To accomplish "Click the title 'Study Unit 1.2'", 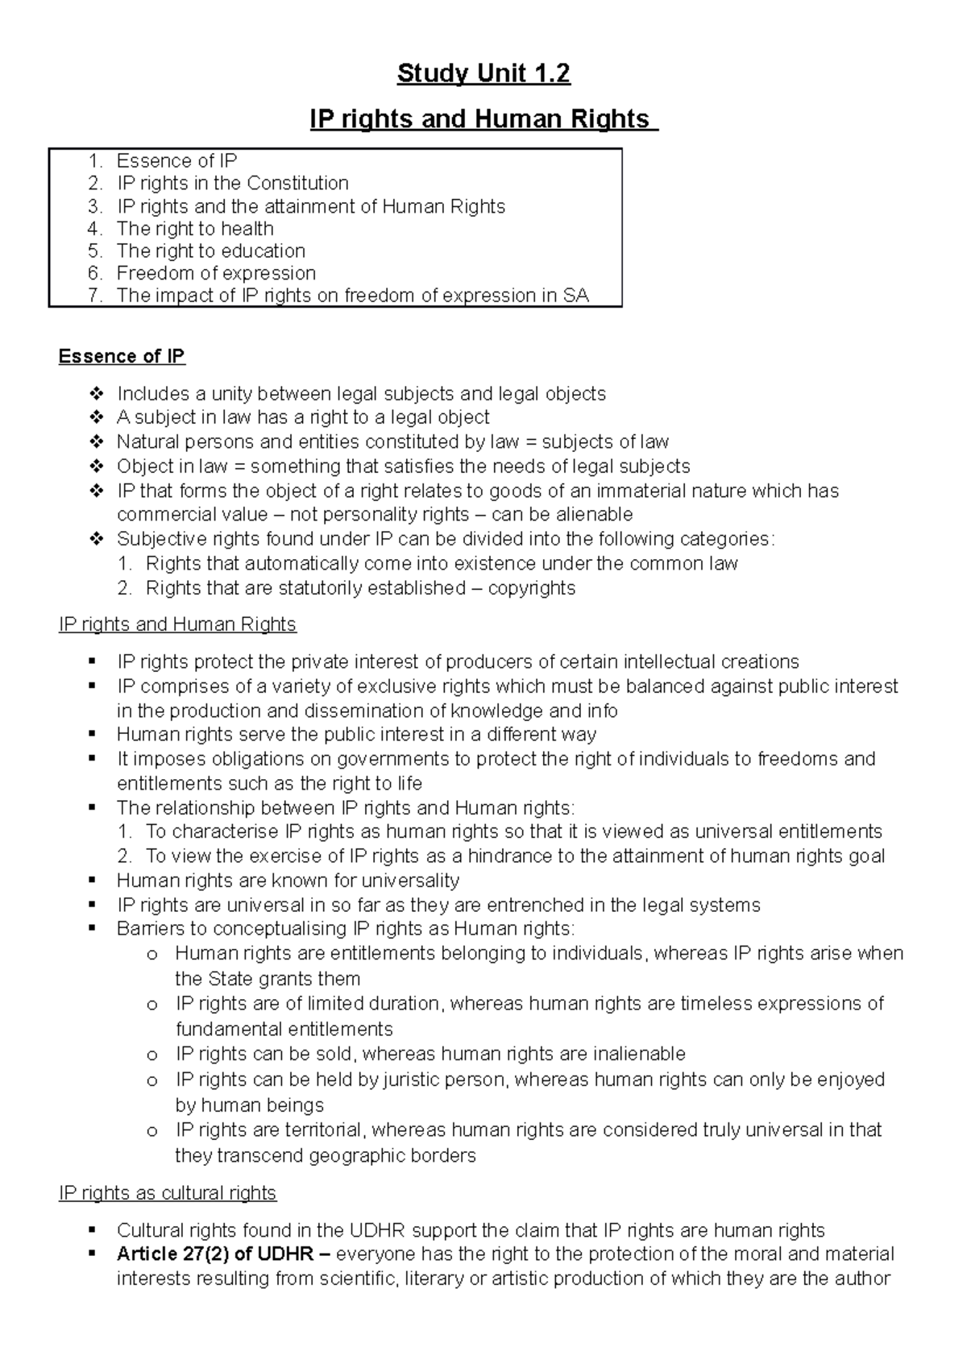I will pyautogui.click(x=483, y=73).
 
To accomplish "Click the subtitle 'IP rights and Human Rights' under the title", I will pyautogui.click(x=483, y=119).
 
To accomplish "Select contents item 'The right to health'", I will pyautogui.click(x=195, y=228).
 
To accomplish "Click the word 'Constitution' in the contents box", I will pyautogui.click(x=297, y=183).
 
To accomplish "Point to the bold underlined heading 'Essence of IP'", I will pyautogui.click(x=122, y=356).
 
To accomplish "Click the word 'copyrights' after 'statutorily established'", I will pyautogui.click(x=531, y=588).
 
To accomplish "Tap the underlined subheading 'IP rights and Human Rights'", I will pyautogui.click(x=177, y=624).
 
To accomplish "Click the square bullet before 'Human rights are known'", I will pyautogui.click(x=94, y=880).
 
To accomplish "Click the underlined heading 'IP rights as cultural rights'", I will pyautogui.click(x=168, y=1193).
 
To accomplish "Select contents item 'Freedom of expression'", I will pyautogui.click(x=216, y=273).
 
